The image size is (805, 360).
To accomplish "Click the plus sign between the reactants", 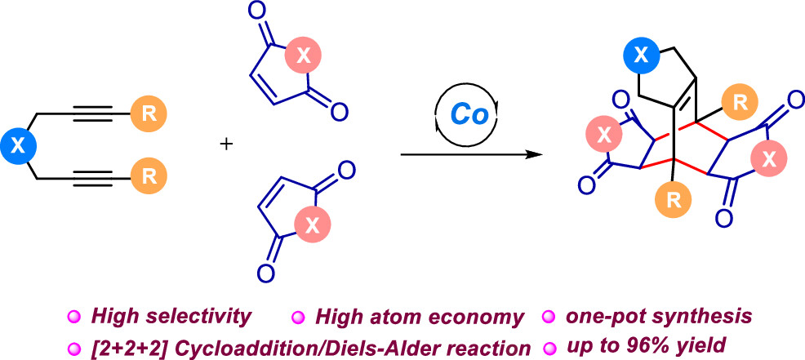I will (x=226, y=144).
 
